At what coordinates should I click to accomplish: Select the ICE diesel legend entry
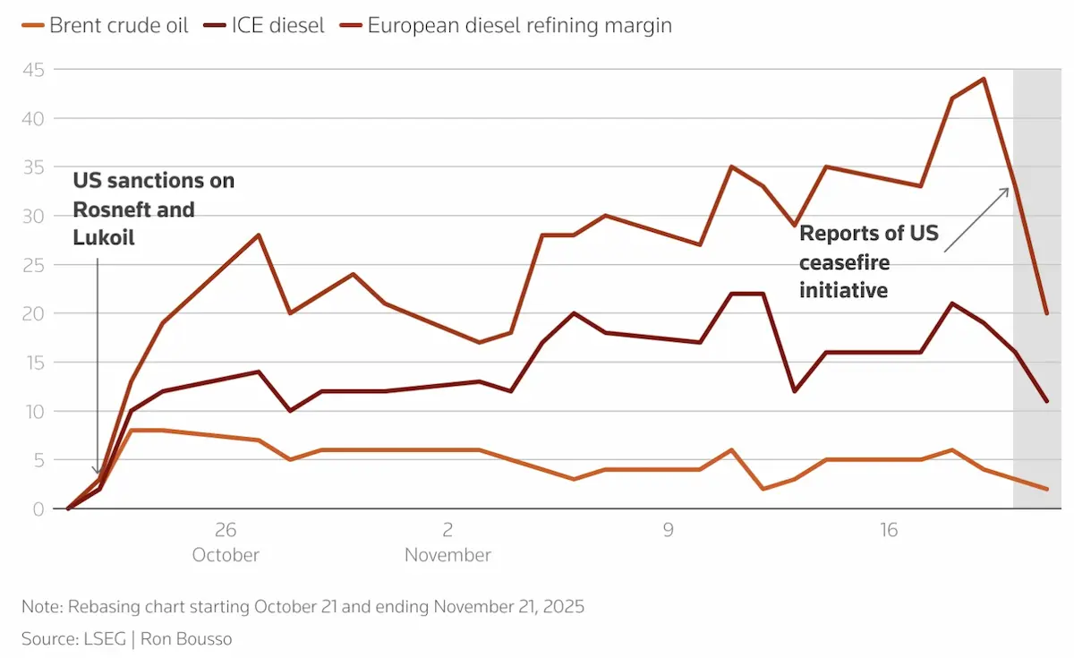pyautogui.click(x=277, y=25)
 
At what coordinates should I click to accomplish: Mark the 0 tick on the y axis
pyautogui.click(x=41, y=508)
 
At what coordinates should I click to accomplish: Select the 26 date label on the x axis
pyautogui.click(x=226, y=529)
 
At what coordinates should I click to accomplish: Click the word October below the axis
pyautogui.click(x=226, y=555)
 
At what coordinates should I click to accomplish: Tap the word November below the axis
pyautogui.click(x=447, y=555)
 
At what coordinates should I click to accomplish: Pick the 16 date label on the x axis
pyautogui.click(x=888, y=529)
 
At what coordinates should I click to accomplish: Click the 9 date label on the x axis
pyautogui.click(x=669, y=529)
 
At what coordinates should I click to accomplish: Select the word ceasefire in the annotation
pyautogui.click(x=844, y=262)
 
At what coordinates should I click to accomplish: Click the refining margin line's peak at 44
pyautogui.click(x=984, y=79)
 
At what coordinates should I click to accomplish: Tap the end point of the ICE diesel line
pyautogui.click(x=1046, y=401)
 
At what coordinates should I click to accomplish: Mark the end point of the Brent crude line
pyautogui.click(x=1046, y=489)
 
